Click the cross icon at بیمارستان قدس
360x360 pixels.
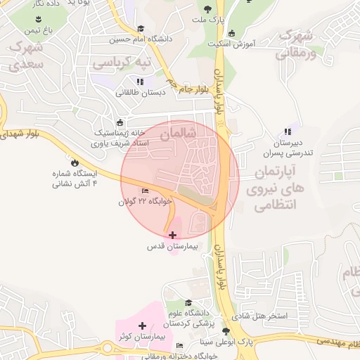tap(173, 234)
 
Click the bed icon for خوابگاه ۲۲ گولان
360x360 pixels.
tap(146, 191)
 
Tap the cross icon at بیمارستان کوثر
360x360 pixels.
tap(143, 326)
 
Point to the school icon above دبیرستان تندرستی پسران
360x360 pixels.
tap(288, 131)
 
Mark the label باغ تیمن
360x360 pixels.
tap(39, 31)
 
